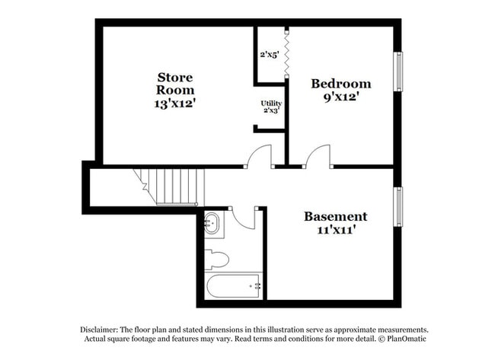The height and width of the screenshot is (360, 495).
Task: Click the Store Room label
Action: (x=175, y=83)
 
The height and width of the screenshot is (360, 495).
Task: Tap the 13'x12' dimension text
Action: (x=175, y=104)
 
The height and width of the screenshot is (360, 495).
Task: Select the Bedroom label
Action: (x=340, y=84)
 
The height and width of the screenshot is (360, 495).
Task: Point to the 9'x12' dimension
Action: (x=340, y=97)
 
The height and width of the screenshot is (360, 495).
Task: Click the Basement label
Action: (x=335, y=216)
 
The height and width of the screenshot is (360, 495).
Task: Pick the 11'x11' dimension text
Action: (x=335, y=230)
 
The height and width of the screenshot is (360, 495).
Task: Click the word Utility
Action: (x=270, y=103)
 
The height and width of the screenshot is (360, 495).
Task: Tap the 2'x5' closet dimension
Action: (x=270, y=55)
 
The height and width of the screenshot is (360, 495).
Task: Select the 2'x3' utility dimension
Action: (x=270, y=111)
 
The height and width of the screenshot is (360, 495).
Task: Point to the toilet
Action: (x=216, y=260)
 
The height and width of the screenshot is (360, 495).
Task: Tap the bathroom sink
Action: (x=212, y=224)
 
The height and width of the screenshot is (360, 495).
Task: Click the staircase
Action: (x=174, y=187)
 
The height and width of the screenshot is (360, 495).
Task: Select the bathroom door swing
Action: (x=244, y=217)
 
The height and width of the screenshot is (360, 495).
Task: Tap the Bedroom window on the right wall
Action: (x=397, y=72)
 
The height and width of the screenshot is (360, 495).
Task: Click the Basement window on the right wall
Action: (x=397, y=206)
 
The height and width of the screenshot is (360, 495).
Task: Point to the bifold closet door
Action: (x=287, y=53)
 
